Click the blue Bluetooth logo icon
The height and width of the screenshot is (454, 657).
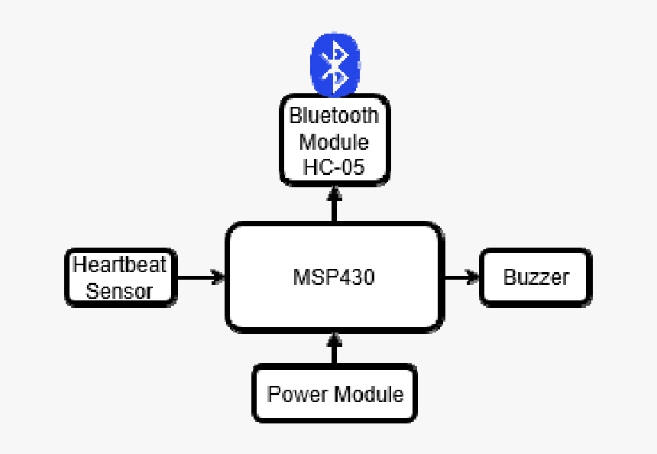click(x=334, y=64)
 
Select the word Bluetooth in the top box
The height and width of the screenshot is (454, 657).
click(x=334, y=116)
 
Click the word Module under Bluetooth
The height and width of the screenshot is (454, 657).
click(x=334, y=142)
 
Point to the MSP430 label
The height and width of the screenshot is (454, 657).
click(x=334, y=277)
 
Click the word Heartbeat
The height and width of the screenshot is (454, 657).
click(x=119, y=265)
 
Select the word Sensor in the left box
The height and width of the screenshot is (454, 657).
click(x=119, y=291)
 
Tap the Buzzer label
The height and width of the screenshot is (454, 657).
click(x=536, y=277)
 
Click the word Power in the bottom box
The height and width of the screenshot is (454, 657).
click(x=296, y=394)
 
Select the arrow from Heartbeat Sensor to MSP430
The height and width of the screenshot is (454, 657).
click(x=200, y=277)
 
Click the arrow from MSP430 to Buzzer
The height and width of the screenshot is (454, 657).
click(x=461, y=277)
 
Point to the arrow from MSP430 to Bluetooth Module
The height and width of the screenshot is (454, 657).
click(x=334, y=203)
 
